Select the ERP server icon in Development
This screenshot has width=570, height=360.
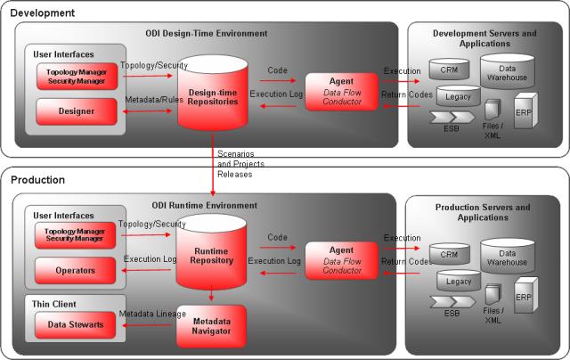pos(525,113)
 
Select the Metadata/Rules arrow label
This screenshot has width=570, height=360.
pos(154,99)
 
